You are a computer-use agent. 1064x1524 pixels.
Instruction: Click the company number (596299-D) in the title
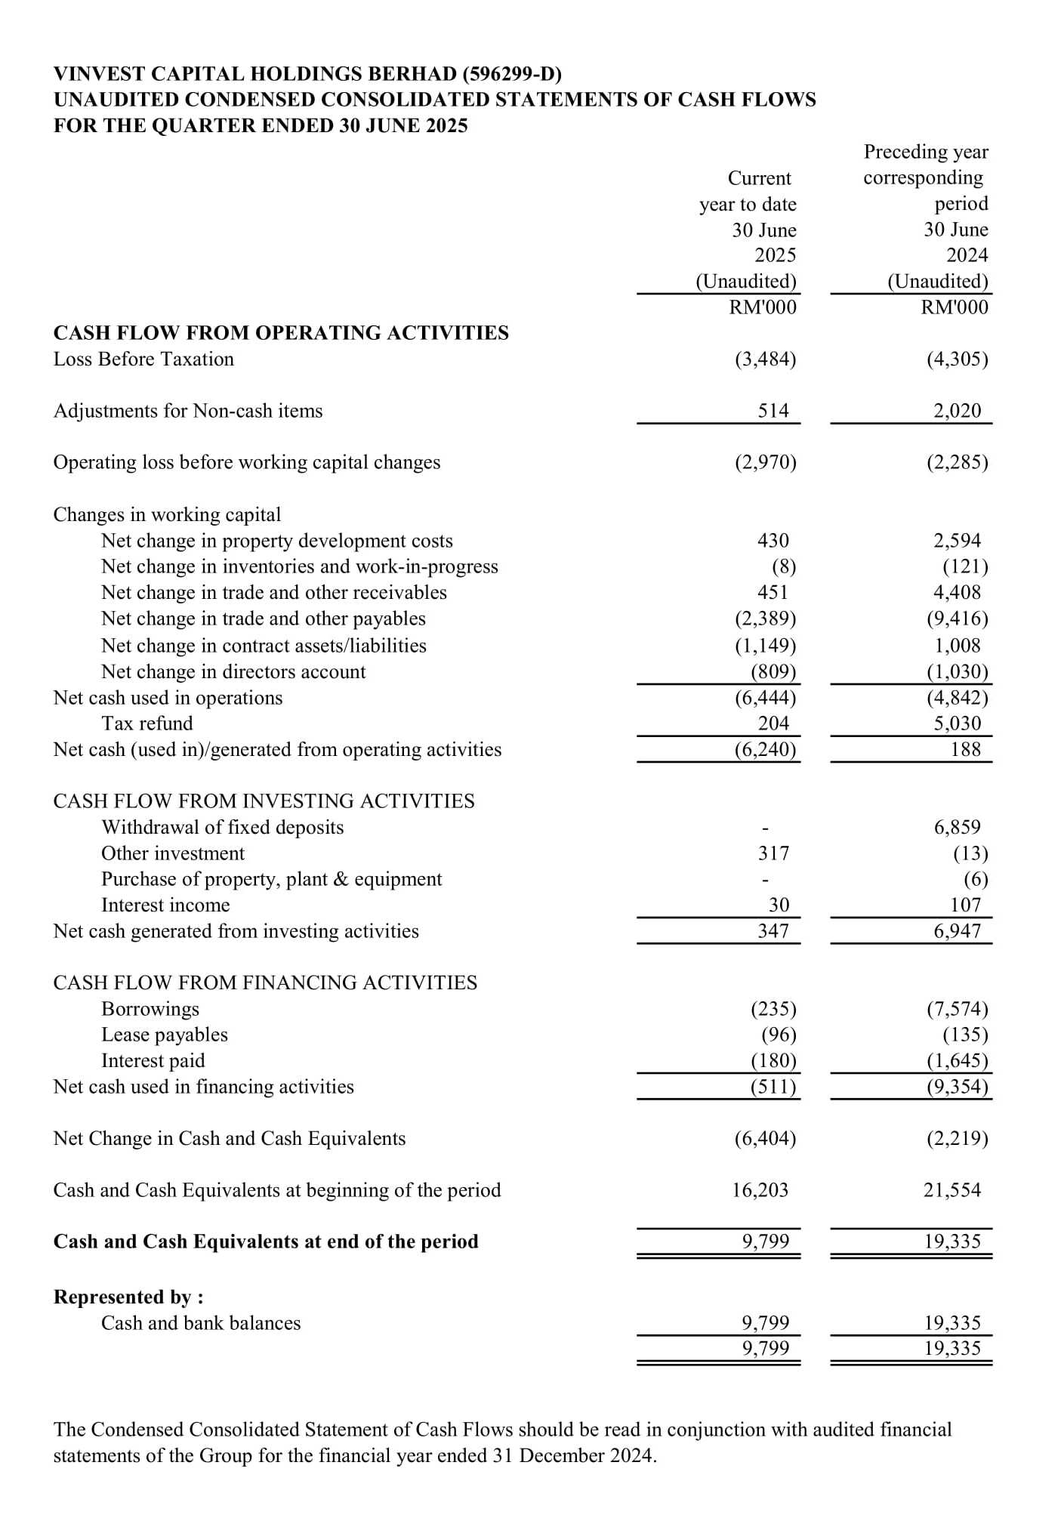click(512, 74)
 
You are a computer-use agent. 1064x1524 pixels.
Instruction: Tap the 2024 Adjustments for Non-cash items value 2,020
click(957, 411)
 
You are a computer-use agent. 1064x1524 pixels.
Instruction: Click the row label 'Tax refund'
click(147, 723)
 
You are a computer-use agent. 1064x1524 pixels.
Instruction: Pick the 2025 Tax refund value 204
click(773, 723)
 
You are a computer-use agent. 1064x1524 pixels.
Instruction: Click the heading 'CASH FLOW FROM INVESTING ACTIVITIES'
click(264, 801)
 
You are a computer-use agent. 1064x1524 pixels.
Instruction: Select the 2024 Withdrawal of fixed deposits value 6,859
click(957, 827)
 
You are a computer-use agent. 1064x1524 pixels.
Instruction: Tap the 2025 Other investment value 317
click(773, 853)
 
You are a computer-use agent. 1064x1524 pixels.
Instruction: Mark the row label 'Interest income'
click(165, 905)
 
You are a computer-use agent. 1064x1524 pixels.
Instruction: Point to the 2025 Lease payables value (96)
click(779, 1035)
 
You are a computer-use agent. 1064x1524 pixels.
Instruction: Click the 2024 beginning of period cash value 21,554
click(952, 1190)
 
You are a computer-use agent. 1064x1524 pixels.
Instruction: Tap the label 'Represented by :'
click(128, 1297)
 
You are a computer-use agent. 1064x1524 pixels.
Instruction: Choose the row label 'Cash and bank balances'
click(201, 1323)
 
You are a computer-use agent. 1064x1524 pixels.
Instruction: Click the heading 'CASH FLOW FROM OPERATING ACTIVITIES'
click(281, 333)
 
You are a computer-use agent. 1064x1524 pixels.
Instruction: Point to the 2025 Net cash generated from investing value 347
click(773, 931)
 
